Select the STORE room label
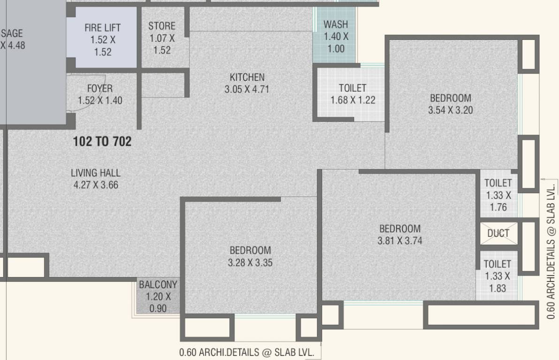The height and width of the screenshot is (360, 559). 162,26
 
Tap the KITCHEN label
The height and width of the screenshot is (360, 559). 247,77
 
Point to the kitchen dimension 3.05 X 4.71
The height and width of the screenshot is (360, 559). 247,89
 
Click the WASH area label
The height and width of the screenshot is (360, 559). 336,24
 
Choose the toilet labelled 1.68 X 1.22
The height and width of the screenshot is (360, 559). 353,94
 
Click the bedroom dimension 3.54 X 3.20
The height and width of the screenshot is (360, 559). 450,111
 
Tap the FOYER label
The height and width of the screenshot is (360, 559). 100,89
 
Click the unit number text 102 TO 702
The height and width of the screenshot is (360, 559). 102,141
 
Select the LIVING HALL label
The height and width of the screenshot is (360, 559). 96,173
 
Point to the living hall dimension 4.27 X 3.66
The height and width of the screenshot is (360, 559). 96,185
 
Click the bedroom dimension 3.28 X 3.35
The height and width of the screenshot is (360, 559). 250,263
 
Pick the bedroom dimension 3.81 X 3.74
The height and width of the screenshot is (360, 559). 400,241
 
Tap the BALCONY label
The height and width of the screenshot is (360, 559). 158,285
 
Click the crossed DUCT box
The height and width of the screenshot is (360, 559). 498,233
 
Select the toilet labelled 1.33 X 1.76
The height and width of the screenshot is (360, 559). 498,195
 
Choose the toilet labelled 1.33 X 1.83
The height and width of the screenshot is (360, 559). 498,277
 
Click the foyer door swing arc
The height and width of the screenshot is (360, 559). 96,101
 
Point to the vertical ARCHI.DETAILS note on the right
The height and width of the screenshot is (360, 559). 551,251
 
